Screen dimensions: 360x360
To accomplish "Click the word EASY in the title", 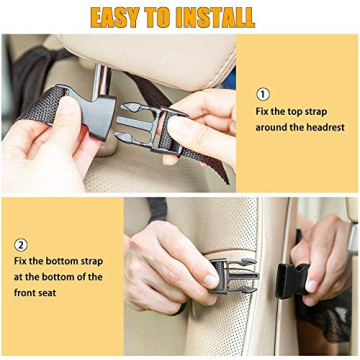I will point(124,17).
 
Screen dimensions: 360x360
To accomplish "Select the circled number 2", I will point(21,245).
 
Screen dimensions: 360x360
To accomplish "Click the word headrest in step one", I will point(326,127).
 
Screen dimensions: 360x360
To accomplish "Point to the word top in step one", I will point(297,112).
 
